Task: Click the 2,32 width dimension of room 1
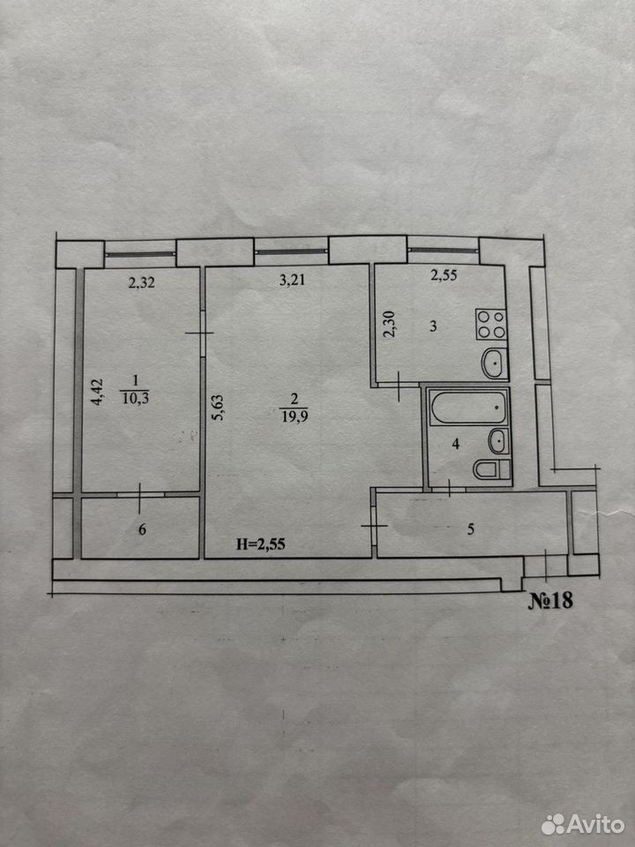coord(141,282)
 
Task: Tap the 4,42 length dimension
coord(97,392)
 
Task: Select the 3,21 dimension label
coord(292,280)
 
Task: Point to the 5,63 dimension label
coord(219,408)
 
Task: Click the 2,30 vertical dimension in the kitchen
coord(389,324)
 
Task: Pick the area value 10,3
coord(136,399)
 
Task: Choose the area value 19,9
coord(295,416)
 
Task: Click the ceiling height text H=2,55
coord(260,544)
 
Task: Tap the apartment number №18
coord(549,601)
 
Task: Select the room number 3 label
coord(433,326)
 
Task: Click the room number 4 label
coord(456,444)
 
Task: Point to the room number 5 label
coord(470,529)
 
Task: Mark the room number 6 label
coord(142,529)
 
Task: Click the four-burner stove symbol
coord(491,324)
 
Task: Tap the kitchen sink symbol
coord(494,363)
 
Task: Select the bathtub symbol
coord(468,407)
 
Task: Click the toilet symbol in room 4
coord(491,469)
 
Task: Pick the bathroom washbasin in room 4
coord(498,441)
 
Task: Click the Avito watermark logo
coord(583,824)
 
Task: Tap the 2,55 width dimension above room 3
coord(444,275)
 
